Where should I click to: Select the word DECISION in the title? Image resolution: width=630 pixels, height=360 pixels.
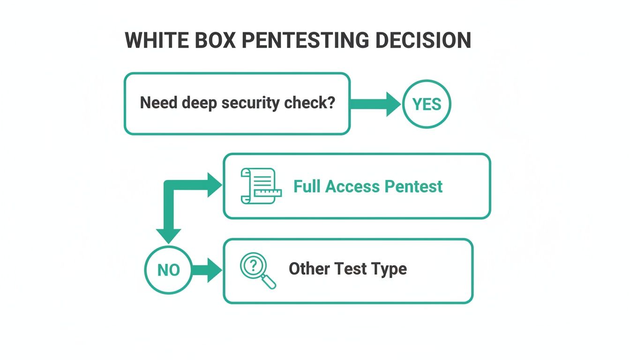click(x=423, y=41)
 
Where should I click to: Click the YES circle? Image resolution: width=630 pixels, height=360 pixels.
click(x=427, y=105)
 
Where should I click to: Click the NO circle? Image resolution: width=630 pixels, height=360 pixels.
click(x=168, y=270)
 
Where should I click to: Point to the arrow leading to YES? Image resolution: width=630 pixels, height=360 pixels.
click(x=375, y=104)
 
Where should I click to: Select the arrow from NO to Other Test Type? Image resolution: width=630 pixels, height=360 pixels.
click(x=206, y=270)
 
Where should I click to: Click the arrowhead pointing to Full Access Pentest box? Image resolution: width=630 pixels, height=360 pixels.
click(x=215, y=186)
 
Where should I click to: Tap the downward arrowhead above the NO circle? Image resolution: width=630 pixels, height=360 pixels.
click(x=168, y=234)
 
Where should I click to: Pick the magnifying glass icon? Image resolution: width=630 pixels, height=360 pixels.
click(x=257, y=270)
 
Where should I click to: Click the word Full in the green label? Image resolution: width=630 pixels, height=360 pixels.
click(x=307, y=186)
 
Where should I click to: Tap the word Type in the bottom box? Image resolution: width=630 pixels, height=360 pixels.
click(x=389, y=270)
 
